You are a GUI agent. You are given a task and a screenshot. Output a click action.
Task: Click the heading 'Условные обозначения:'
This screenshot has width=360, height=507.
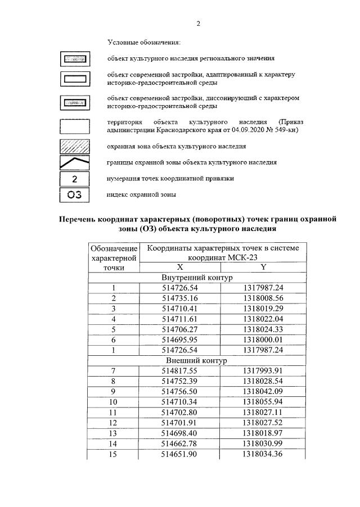[145, 43]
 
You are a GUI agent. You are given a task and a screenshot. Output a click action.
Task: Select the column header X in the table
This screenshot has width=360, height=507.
[180, 268]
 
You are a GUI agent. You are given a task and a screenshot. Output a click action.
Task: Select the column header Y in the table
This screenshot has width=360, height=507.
[263, 268]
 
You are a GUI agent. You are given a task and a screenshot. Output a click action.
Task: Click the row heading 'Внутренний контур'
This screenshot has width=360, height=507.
[197, 278]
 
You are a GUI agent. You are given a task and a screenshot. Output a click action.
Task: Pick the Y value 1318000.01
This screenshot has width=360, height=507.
[263, 339]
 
